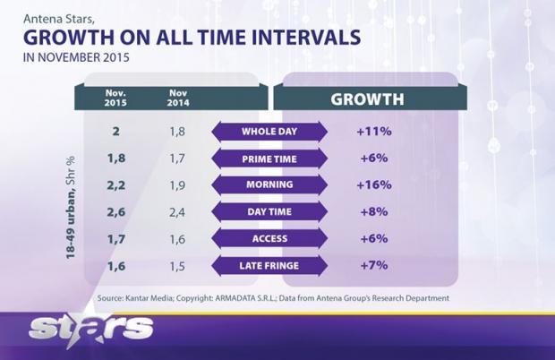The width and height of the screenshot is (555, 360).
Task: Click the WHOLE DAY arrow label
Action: tap(269, 132)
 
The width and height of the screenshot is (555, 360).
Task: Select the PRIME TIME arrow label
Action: tap(269, 159)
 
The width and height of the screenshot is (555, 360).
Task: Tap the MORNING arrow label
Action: tap(269, 185)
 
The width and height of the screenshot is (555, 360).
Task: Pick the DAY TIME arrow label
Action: tap(269, 212)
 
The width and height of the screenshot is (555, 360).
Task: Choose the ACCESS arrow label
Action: tap(269, 239)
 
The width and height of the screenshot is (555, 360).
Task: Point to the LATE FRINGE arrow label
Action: tap(269, 266)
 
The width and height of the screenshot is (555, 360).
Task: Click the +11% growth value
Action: tap(373, 132)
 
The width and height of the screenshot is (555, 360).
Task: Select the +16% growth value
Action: tap(373, 185)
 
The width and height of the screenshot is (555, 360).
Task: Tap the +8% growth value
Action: tap(373, 212)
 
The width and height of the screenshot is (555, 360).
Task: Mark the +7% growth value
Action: tap(373, 266)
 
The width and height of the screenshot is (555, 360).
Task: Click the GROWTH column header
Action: tap(367, 99)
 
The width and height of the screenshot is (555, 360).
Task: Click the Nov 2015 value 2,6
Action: tap(116, 212)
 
